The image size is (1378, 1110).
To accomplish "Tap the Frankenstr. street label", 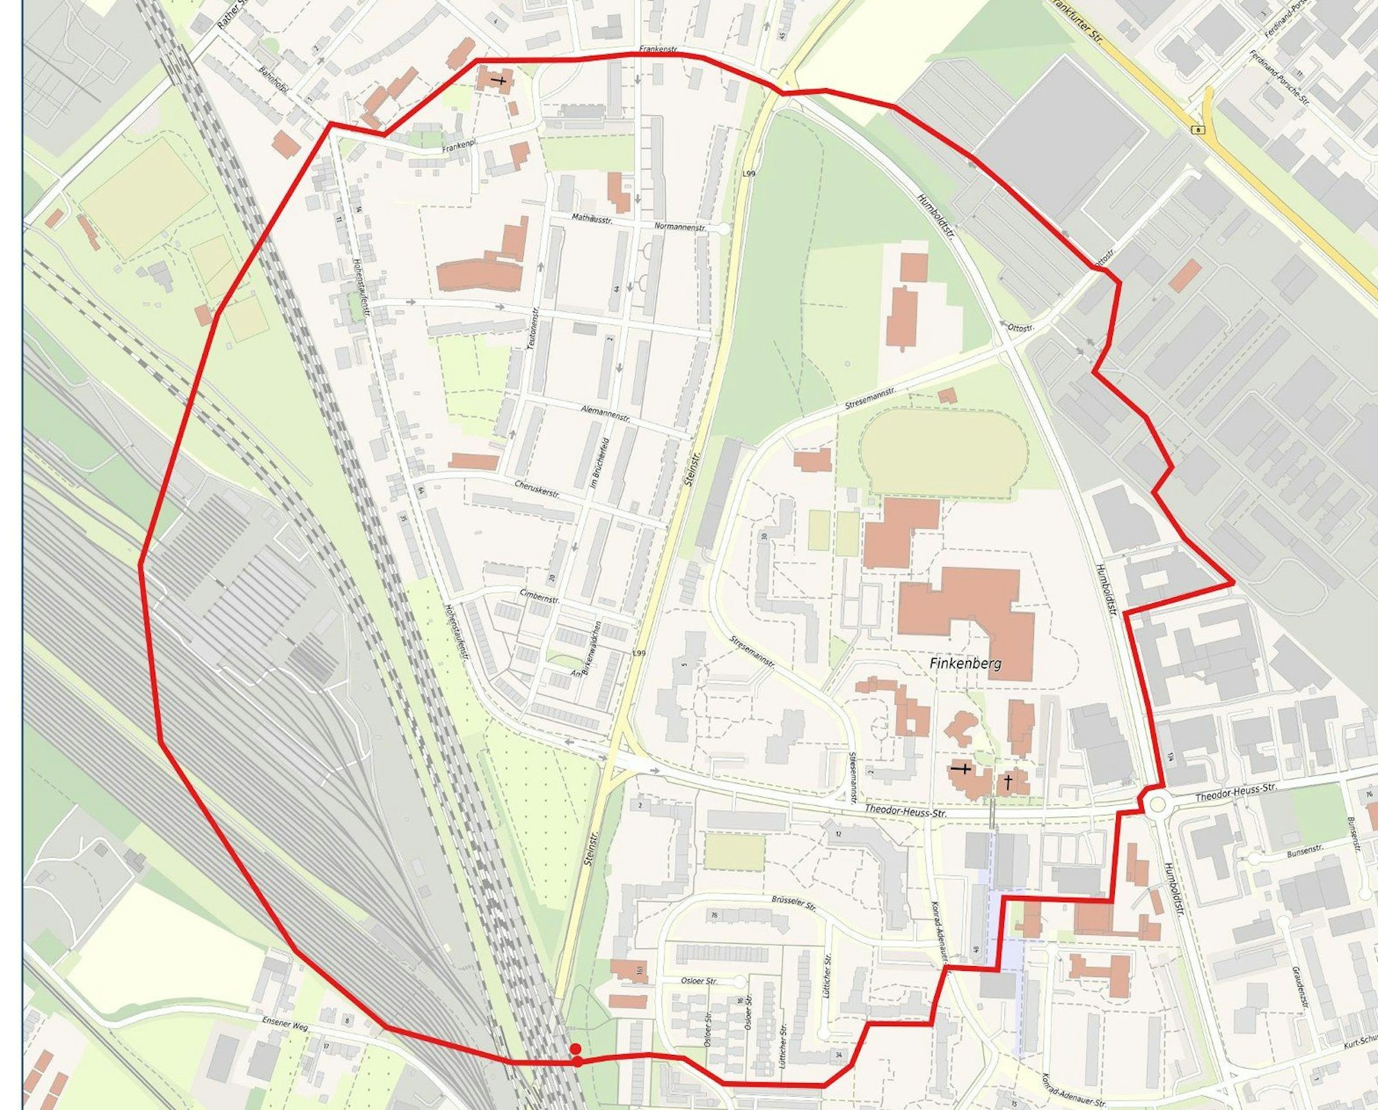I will pos(659,50).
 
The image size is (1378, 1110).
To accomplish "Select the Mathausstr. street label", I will pos(592,218).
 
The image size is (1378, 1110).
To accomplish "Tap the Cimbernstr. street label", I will pos(539,596).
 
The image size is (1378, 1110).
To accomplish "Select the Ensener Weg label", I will pos(285,1024).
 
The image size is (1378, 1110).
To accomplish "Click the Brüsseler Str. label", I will pos(794,903).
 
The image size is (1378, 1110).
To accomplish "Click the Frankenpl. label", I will pos(460,147).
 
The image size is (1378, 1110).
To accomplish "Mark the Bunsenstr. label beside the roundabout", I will pos(1305,852).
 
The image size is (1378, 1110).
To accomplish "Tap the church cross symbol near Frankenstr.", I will pos(501,81).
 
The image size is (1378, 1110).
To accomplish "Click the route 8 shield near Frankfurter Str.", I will pos(1200,129).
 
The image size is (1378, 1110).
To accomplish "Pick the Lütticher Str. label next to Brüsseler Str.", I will pos(826,979).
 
